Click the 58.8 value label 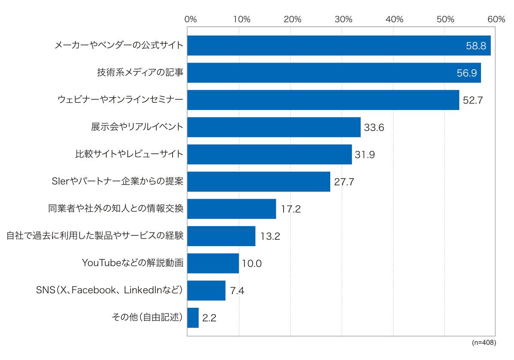pos(476,46)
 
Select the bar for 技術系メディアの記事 pos(334,73)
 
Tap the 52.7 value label pos(473,100)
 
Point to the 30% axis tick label pos(343,19)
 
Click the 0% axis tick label pos(191,19)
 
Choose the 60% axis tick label pos(496,19)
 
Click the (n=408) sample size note pos(484,342)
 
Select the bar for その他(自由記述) pos(193,318)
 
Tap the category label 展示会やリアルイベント pos(137,127)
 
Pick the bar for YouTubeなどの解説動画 pos(213,263)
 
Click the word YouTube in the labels pos(102,263)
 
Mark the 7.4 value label pos(237,291)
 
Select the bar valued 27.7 pos(259,181)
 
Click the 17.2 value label pos(291,209)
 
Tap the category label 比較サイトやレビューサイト pos(129,154)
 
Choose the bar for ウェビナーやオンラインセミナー pos(323,100)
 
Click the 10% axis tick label pos(242,19)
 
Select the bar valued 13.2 pos(221,236)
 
